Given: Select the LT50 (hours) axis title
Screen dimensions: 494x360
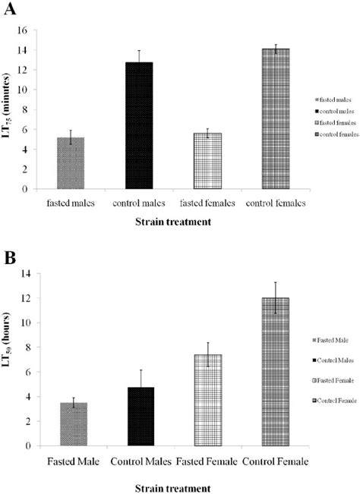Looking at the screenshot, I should [x=11, y=357].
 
